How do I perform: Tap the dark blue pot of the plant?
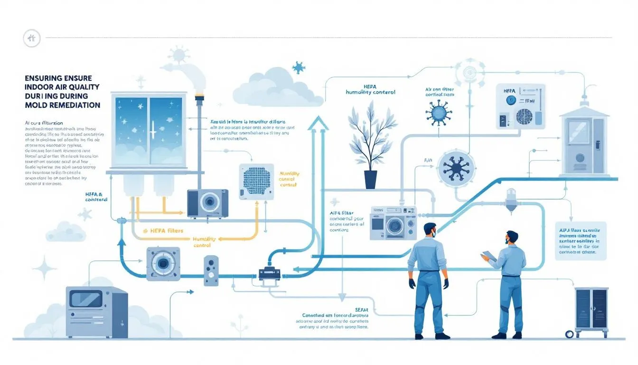371,179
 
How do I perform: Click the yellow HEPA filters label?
163,231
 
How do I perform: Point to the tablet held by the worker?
489,257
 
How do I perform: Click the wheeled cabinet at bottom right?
591,311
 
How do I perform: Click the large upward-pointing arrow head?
318,125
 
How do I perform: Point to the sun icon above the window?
179,55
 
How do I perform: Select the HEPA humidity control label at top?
371,89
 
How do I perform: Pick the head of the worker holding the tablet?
512,238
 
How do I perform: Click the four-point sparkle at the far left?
46,269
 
